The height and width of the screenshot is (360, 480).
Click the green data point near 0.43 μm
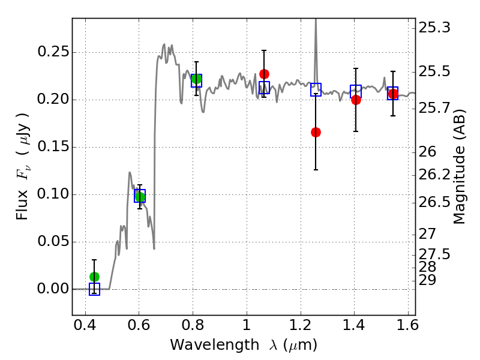coord(95,277)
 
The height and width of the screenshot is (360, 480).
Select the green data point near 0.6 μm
coord(140,197)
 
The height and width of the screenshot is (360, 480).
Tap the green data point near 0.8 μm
coord(197,79)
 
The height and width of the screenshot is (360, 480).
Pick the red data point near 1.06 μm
coord(264,74)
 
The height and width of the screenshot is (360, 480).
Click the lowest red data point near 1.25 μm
coord(316,132)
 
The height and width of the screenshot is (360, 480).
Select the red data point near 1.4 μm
coord(356,100)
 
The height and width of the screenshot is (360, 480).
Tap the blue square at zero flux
coord(95,289)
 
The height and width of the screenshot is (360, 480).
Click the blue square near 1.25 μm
coord(316,89)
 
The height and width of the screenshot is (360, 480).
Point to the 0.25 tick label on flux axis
coord(53,52)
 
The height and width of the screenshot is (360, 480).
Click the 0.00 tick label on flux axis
coord(53,289)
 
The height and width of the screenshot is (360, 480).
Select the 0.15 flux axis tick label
coord(53,146)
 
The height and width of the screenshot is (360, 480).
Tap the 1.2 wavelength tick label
coord(301,325)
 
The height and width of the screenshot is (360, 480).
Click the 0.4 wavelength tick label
coord(85,325)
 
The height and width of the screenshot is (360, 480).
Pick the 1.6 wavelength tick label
coord(408,325)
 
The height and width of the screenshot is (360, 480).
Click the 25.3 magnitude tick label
coord(434,28)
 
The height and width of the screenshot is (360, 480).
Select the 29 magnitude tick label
coord(427,280)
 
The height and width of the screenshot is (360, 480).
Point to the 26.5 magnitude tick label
coord(434,202)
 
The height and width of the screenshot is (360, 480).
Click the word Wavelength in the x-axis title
coord(215,345)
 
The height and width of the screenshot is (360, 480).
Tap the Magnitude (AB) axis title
coord(459,167)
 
